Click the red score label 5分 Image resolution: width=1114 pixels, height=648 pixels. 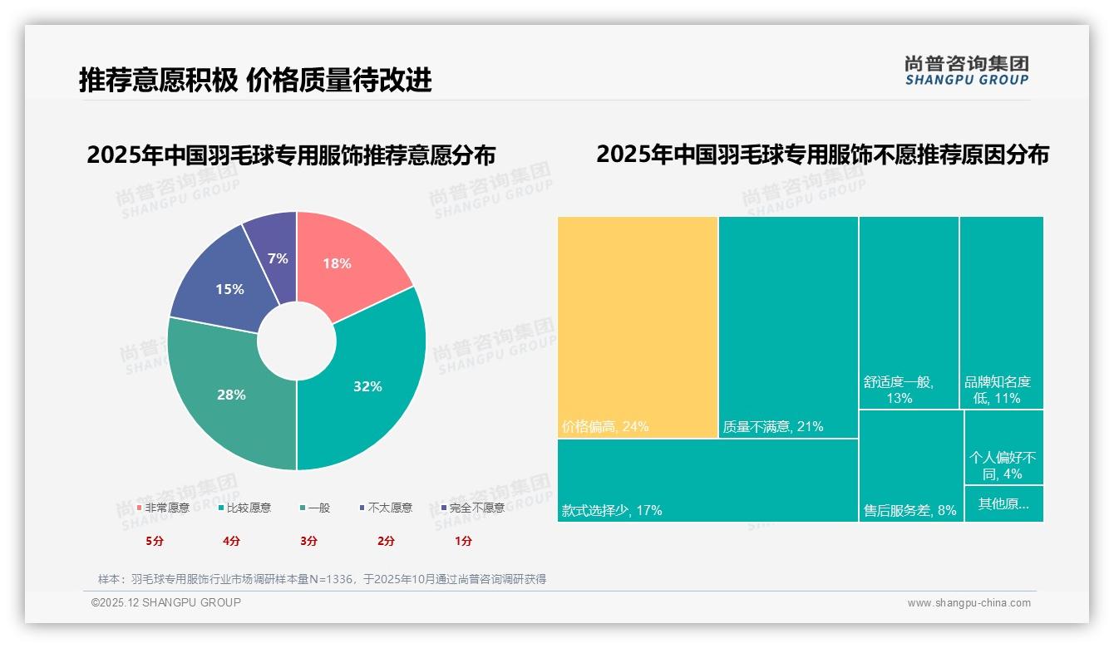tap(155, 541)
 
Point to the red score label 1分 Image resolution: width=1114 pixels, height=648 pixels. tap(463, 541)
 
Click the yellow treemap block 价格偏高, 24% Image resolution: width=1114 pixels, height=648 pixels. tap(637, 326)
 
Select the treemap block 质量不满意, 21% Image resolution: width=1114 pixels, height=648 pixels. tap(788, 326)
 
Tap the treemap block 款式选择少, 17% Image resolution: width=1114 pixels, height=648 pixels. tap(707, 480)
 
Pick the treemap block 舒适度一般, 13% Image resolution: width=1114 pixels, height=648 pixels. tap(909, 312)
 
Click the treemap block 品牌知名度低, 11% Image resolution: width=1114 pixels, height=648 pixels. tap(1001, 312)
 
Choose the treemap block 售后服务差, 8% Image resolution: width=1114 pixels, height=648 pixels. tap(910, 465)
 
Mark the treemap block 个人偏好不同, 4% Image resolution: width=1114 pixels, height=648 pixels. tap(1003, 449)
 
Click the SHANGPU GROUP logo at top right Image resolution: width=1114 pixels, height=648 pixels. tap(967, 71)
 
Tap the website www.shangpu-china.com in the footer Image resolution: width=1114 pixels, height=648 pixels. tap(969, 603)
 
